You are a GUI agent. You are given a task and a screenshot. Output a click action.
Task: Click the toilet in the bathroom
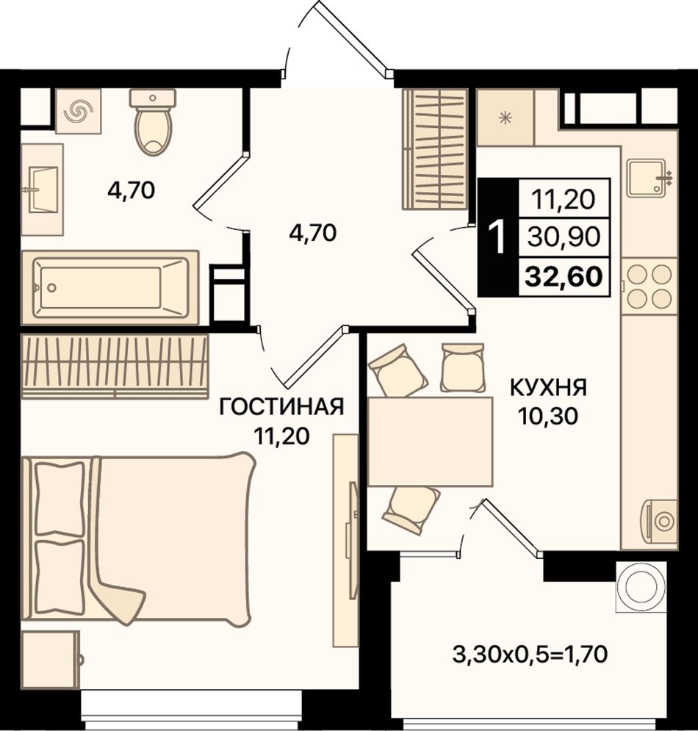tap(153, 122)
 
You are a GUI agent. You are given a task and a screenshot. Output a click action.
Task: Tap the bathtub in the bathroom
tap(110, 287)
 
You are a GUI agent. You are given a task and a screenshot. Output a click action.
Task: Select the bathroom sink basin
tap(43, 190)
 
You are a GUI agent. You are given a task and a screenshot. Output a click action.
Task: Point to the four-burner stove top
tap(649, 286)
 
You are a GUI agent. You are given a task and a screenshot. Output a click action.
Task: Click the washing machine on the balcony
tap(641, 586)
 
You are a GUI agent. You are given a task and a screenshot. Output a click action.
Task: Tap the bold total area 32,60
tap(564, 276)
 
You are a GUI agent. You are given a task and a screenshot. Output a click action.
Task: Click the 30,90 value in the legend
tap(564, 237)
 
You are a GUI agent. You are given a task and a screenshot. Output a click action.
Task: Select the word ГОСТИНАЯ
tap(281, 407)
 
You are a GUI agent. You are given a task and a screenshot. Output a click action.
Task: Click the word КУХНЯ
tap(548, 388)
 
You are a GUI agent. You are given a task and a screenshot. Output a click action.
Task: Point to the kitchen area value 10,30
tap(547, 416)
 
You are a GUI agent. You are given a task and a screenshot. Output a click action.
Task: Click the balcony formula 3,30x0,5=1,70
tap(530, 655)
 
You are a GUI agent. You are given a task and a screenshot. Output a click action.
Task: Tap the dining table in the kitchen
tap(430, 442)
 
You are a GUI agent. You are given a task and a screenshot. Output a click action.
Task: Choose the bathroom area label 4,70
tap(131, 191)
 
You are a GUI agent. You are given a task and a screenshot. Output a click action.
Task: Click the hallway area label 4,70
tap(312, 233)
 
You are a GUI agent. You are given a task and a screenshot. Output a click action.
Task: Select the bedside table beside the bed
tap(51, 660)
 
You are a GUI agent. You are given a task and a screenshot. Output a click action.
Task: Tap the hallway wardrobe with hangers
tap(435, 149)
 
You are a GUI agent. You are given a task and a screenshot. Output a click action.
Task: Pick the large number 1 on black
tap(498, 237)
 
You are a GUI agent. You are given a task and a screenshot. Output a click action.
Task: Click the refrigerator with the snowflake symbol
tap(505, 118)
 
